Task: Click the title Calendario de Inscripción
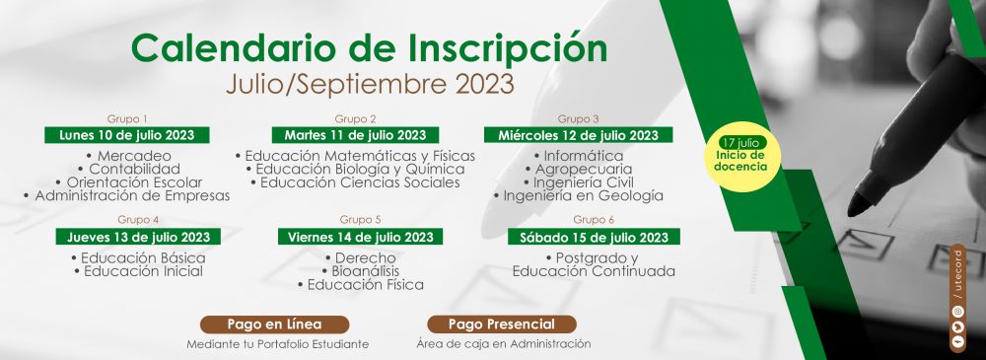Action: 369,49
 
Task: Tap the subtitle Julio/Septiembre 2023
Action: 370,85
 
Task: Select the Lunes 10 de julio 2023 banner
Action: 127,135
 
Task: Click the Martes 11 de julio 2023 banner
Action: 355,135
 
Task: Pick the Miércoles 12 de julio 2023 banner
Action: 579,135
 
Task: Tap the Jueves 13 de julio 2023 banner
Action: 139,237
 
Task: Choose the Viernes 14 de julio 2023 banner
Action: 360,237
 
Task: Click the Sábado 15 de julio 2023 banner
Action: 594,237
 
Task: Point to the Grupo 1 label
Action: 127,118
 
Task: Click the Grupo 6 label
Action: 594,220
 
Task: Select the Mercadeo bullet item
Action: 127,156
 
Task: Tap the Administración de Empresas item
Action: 126,195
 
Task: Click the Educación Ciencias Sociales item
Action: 355,182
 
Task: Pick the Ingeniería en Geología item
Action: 579,195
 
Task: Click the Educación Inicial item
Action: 138,271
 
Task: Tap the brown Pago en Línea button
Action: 275,324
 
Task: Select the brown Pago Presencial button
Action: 502,324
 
